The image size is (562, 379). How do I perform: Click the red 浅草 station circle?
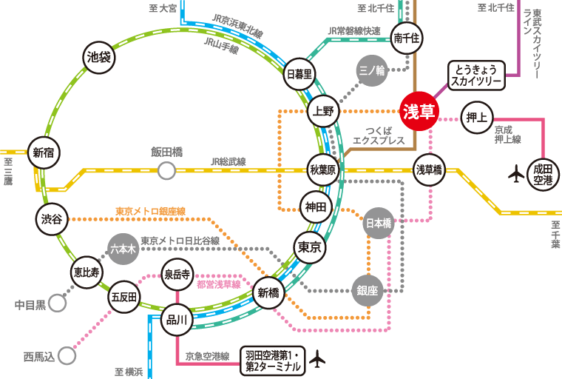pyautogui.click(x=419, y=112)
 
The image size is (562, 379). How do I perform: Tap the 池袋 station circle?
pyautogui.click(x=98, y=57)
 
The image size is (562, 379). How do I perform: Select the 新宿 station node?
pyautogui.click(x=44, y=153)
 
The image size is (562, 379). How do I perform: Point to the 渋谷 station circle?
pyautogui.click(x=52, y=219)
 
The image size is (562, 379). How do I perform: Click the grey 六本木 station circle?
pyautogui.click(x=123, y=249)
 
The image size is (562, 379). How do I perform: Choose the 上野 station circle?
pyautogui.click(x=323, y=112)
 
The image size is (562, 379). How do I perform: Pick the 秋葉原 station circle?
pyautogui.click(x=323, y=170)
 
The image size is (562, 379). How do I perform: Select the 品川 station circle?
pyautogui.click(x=177, y=320)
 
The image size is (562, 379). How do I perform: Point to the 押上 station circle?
pyautogui.click(x=477, y=117)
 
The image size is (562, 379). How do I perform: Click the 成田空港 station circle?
pyautogui.click(x=543, y=175)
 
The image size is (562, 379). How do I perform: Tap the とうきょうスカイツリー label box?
pyautogui.click(x=477, y=75)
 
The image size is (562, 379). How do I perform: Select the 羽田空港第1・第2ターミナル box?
pyautogui.click(x=273, y=360)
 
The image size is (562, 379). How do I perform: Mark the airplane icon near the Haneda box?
pyautogui.click(x=318, y=359)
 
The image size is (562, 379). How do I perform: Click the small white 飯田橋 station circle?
pyautogui.click(x=167, y=171)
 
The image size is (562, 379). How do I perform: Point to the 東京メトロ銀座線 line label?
pyautogui.click(x=150, y=212)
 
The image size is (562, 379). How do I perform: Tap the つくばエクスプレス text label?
pyautogui.click(x=379, y=135)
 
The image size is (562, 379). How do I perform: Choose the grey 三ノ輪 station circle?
pyautogui.click(x=371, y=71)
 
